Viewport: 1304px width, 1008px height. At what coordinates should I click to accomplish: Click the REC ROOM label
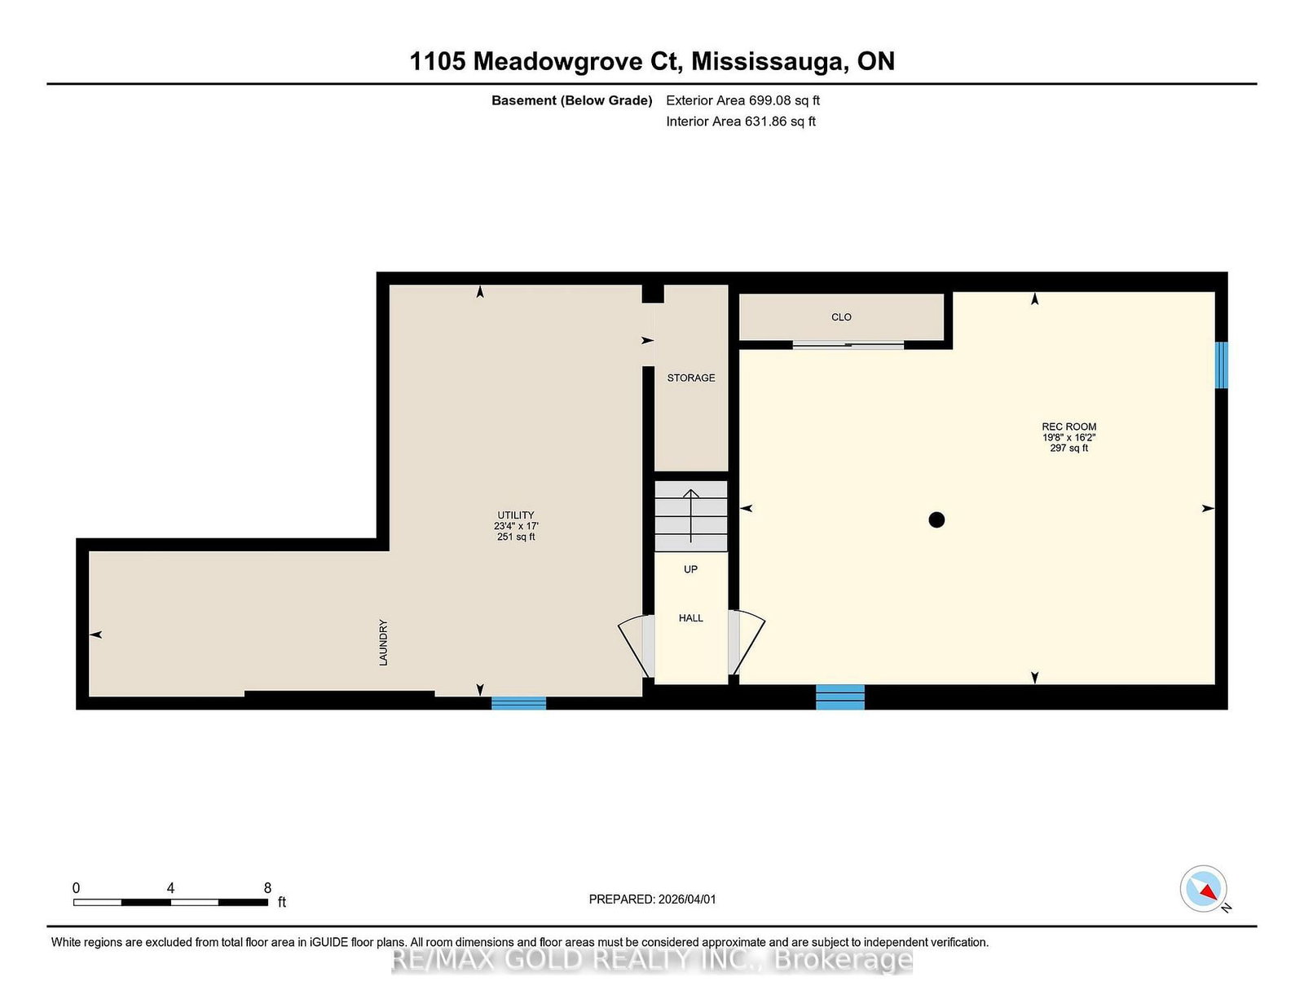(1068, 427)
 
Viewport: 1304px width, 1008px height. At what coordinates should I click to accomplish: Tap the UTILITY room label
(515, 515)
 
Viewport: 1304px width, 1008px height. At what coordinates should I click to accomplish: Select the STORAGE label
(690, 378)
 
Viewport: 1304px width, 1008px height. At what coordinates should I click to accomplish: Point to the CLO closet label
(841, 317)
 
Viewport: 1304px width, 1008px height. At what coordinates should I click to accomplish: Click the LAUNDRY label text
(384, 643)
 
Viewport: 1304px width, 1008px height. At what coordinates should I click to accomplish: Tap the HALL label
(690, 618)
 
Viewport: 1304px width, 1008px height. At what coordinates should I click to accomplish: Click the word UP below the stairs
(690, 569)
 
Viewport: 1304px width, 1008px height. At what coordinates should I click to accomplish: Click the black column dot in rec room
(936, 520)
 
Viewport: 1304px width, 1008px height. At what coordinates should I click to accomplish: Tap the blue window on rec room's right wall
(1221, 365)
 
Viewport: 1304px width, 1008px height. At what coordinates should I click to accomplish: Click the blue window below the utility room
(518, 703)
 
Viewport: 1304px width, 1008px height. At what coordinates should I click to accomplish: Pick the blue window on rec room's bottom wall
(840, 697)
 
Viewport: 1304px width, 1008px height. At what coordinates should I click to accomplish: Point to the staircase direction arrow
(691, 516)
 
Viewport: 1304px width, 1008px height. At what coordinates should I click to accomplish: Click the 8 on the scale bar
(267, 888)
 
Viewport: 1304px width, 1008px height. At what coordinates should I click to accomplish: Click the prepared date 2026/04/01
(687, 900)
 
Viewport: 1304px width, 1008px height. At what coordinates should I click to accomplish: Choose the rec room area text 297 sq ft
(1068, 448)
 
